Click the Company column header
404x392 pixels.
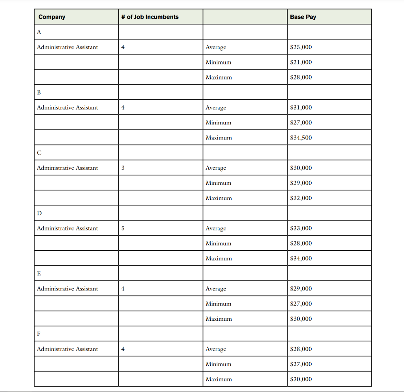pyautogui.click(x=52, y=17)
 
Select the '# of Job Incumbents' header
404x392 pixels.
pyautogui.click(x=150, y=17)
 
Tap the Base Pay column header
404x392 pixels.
pyautogui.click(x=303, y=17)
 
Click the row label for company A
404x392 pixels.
pyautogui.click(x=39, y=32)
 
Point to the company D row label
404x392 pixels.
pyautogui.click(x=39, y=213)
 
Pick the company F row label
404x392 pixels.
pyautogui.click(x=39, y=334)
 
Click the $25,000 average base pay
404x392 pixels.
pyautogui.click(x=301, y=47)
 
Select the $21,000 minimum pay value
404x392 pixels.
pyautogui.click(x=301, y=62)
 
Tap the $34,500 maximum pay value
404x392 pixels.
pyautogui.click(x=301, y=138)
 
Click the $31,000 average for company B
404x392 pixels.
pyautogui.click(x=301, y=108)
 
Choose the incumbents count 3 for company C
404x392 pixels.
pyautogui.click(x=123, y=168)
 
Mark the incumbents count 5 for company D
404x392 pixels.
pyautogui.click(x=123, y=228)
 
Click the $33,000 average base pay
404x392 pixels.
pyautogui.click(x=301, y=228)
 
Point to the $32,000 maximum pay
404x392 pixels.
pyautogui.click(x=301, y=198)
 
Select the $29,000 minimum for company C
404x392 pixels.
pyautogui.click(x=301, y=183)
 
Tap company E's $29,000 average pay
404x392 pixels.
pyautogui.click(x=301, y=289)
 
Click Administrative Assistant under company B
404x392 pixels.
pyautogui.click(x=67, y=108)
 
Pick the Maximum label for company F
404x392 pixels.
pyautogui.click(x=219, y=379)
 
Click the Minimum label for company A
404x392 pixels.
pyautogui.click(x=218, y=62)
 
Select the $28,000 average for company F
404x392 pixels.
pyautogui.click(x=301, y=349)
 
